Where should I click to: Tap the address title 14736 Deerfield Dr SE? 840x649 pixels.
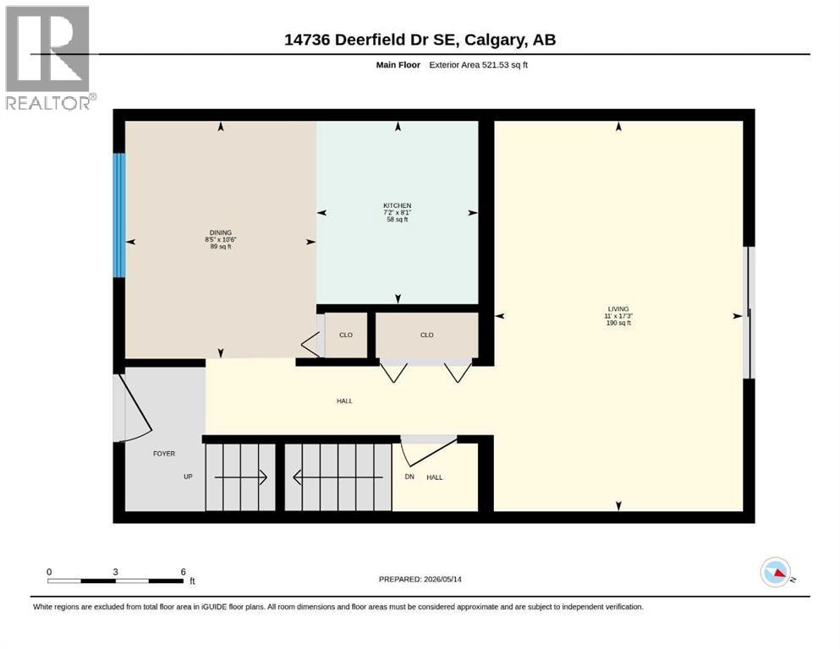[370, 40]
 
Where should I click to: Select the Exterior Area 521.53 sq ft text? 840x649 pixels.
[479, 65]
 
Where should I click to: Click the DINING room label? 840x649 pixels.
[221, 232]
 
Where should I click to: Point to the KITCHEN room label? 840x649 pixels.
[397, 205]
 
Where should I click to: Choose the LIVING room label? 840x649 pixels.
[618, 308]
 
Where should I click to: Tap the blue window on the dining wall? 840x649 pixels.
[119, 215]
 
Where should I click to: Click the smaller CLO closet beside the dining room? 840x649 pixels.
[346, 335]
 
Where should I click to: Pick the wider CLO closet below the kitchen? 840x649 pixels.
[427, 335]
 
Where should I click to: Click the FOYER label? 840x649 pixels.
[164, 454]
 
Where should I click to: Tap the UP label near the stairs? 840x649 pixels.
[188, 477]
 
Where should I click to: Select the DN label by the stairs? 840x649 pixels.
[409, 477]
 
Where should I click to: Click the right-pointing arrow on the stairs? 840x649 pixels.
[240, 477]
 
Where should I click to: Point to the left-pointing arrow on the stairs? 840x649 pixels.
[338, 477]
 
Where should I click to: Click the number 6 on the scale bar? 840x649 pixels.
[184, 572]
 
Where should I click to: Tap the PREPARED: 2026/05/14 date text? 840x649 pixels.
[420, 579]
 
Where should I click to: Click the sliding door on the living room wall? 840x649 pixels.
[751, 313]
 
